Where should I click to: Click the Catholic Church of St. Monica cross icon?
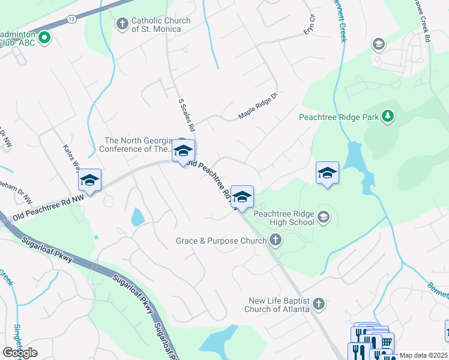(x=122, y=24)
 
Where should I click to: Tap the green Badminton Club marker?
(x=44, y=39)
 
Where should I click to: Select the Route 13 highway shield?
(x=71, y=19)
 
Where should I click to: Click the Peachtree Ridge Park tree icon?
(x=388, y=116)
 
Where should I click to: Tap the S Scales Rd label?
(x=187, y=115)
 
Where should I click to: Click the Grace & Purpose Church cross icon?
(x=275, y=241)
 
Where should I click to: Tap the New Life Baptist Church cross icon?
(x=319, y=304)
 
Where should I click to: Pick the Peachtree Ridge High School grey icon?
(x=324, y=216)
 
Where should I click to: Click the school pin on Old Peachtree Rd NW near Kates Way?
(x=89, y=180)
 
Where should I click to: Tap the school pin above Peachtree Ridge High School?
(x=242, y=196)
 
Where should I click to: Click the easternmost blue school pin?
(x=327, y=173)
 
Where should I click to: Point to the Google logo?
(x=19, y=353)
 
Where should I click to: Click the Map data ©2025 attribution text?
(x=424, y=355)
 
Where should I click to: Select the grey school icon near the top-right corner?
(x=378, y=44)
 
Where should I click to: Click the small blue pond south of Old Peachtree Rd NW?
(x=137, y=217)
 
